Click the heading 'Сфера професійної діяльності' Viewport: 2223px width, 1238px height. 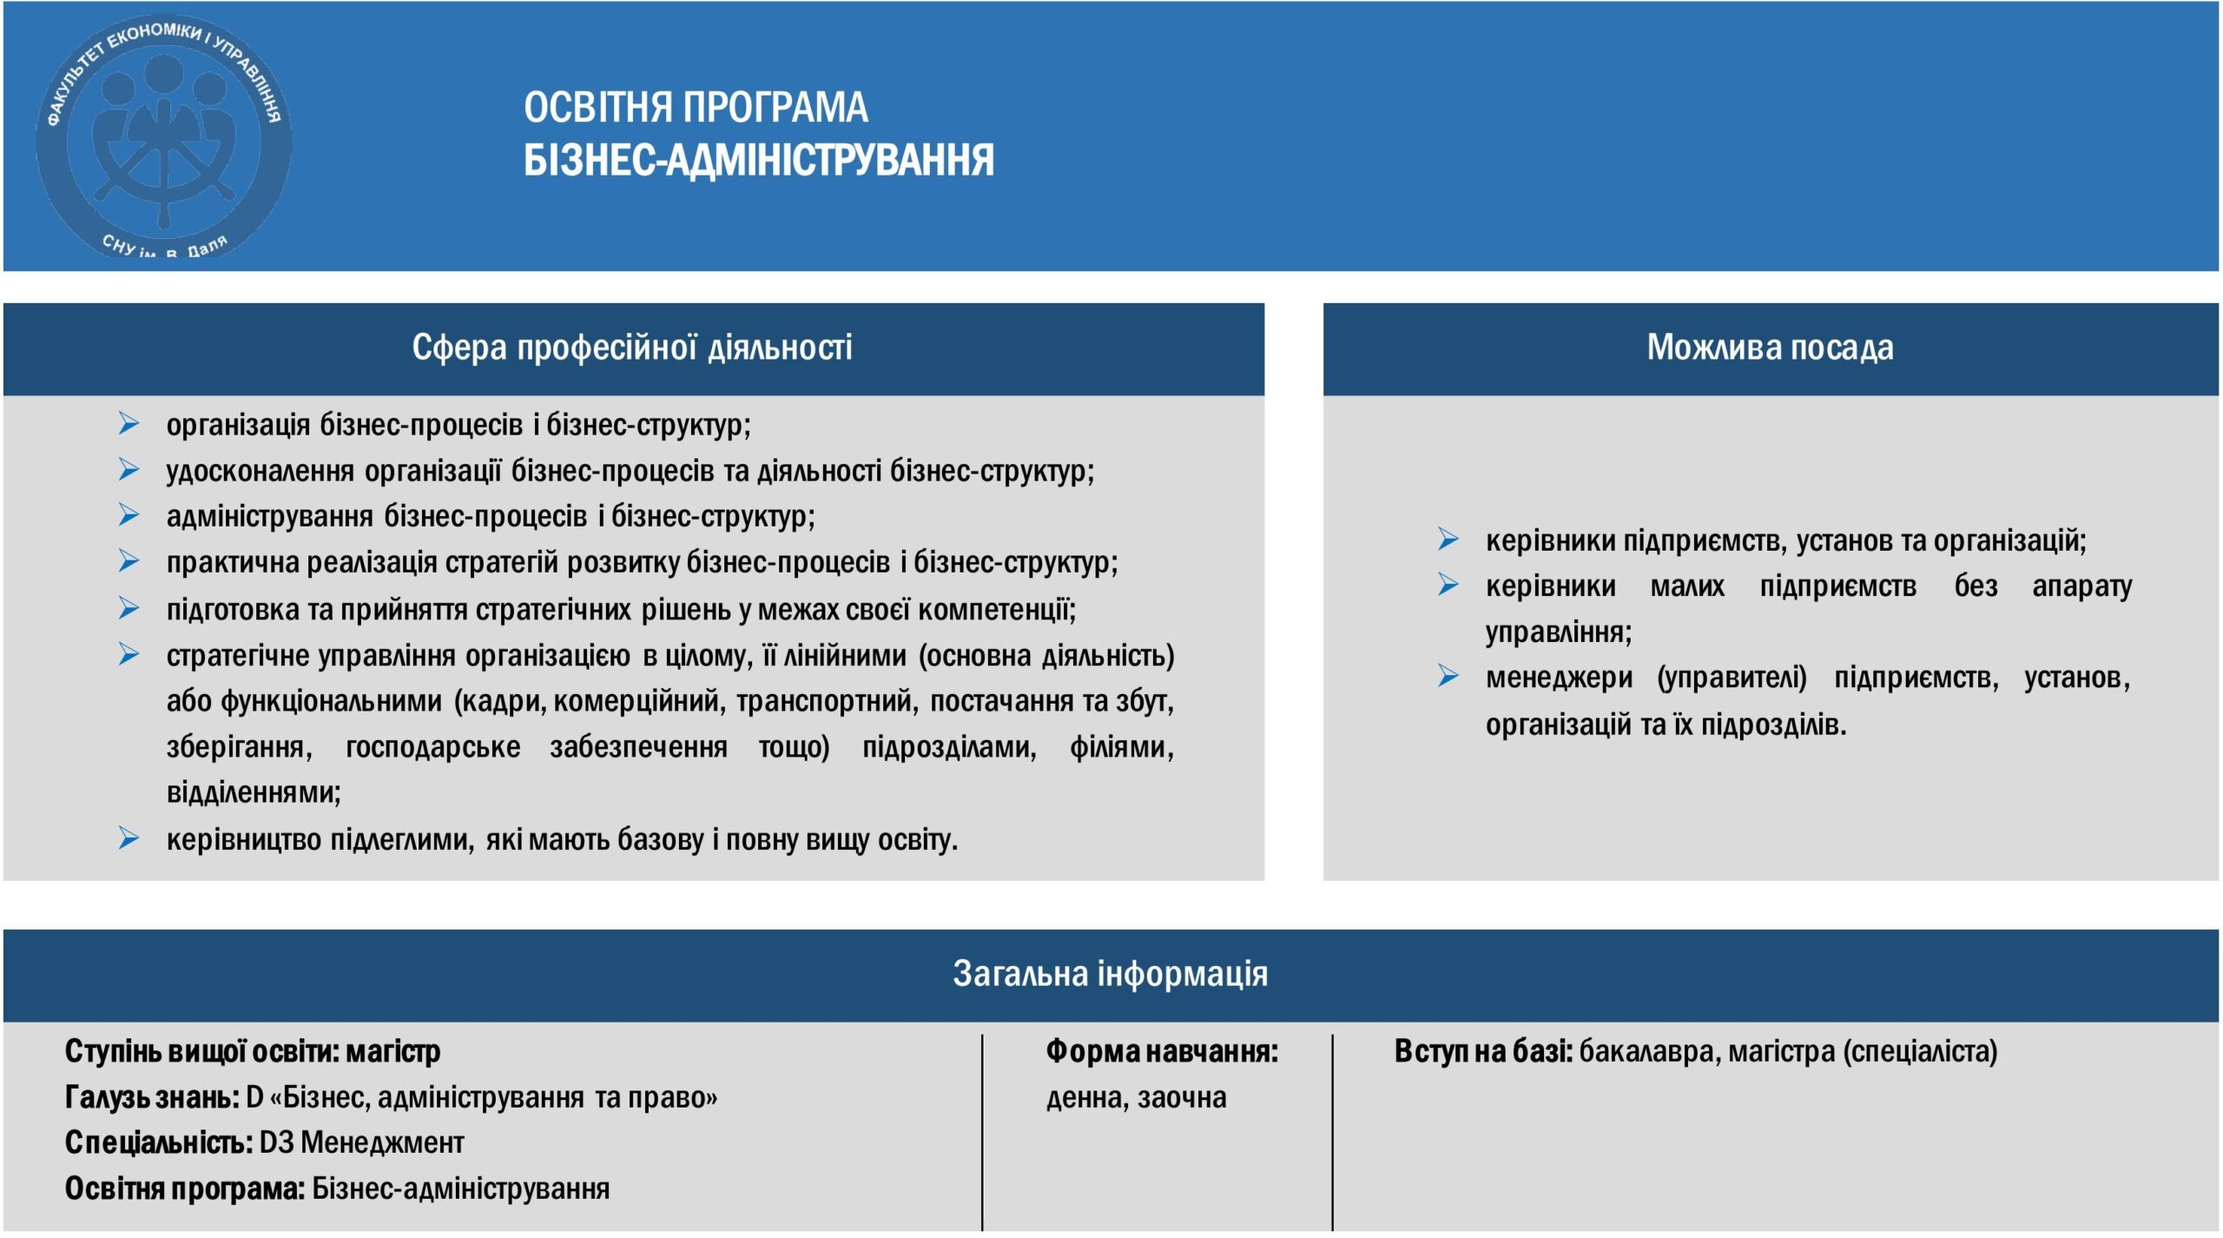click(631, 348)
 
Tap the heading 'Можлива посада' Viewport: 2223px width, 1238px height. click(1770, 348)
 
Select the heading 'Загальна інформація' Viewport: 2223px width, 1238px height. click(1110, 974)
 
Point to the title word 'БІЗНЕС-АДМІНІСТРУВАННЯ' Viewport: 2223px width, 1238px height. click(758, 161)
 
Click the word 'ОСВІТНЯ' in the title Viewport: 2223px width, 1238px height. click(598, 108)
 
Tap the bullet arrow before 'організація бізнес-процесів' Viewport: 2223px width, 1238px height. click(129, 424)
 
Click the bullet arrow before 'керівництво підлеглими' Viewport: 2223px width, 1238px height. click(129, 838)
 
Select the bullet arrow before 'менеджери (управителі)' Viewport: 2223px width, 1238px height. click(1448, 676)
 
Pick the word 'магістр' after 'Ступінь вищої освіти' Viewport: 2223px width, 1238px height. click(392, 1052)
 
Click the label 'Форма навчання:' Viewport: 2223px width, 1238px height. click(1162, 1052)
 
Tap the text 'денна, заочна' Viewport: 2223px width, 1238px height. click(1136, 1098)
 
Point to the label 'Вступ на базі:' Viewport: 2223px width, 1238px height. click(1483, 1052)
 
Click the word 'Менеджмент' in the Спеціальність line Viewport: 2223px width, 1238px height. click(382, 1142)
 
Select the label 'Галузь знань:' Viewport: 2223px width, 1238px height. click(152, 1098)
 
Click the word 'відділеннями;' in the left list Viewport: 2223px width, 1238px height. click(254, 792)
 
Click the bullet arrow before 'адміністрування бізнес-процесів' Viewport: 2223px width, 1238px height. click(129, 516)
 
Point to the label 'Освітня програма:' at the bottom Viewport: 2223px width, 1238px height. click(184, 1188)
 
